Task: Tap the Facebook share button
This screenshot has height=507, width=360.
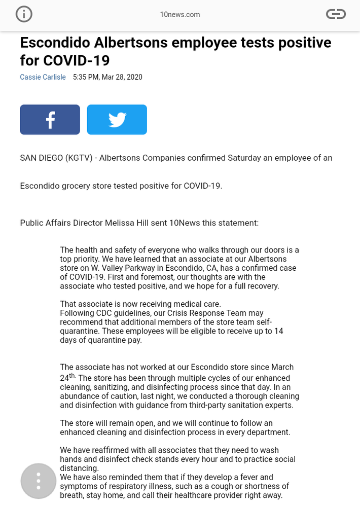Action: [50, 120]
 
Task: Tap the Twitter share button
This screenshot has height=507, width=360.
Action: [117, 120]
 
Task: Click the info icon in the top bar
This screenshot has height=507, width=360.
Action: [24, 14]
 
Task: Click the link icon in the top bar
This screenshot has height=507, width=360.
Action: [336, 14]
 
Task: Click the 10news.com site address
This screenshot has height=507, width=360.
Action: [179, 15]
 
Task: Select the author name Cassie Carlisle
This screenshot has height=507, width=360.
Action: [43, 77]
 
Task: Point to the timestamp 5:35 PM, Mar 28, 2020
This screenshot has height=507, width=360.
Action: [107, 77]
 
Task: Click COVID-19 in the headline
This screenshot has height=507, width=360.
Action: [77, 60]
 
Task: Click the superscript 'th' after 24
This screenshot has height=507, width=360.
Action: [72, 376]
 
